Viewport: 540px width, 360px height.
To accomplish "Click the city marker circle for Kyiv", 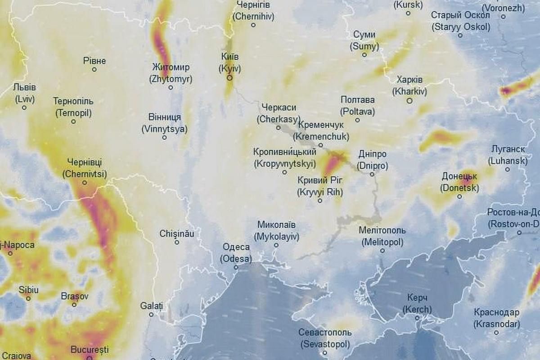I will (x=229, y=78).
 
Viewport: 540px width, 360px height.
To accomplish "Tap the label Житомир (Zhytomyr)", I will (x=171, y=73).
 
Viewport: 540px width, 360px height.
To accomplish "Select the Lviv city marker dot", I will (x=24, y=108).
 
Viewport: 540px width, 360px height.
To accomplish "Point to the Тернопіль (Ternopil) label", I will (x=73, y=107).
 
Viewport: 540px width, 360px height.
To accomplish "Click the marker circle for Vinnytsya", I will (x=165, y=137).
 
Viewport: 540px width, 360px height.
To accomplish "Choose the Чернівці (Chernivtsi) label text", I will (x=84, y=167).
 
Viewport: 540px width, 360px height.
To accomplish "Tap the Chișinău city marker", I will (x=177, y=242).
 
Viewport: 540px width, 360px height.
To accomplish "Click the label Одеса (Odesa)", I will (x=236, y=252).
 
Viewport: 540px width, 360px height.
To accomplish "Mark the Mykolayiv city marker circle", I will (x=276, y=245).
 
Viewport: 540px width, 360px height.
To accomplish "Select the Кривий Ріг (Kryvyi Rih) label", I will (x=320, y=186).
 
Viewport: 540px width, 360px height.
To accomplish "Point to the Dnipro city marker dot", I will (x=372, y=174).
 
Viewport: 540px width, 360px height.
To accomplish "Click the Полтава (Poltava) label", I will (x=358, y=105).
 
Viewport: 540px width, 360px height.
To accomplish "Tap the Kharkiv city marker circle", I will (x=409, y=101).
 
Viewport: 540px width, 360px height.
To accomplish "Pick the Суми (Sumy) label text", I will (x=364, y=40).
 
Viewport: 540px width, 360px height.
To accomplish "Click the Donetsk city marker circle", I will (x=459, y=196).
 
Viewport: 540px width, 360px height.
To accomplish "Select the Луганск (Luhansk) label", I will (x=508, y=155).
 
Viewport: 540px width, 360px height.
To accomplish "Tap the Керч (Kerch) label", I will (x=417, y=304).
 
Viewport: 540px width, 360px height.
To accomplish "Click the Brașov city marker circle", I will (x=74, y=304).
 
